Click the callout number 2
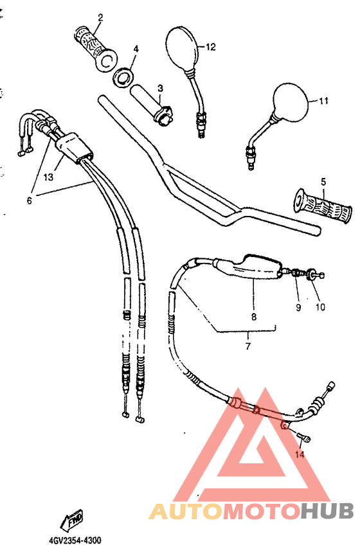click(100, 18)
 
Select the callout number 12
click(211, 46)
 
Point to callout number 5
click(323, 182)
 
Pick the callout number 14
click(298, 454)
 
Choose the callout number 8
click(253, 317)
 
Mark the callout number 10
click(319, 307)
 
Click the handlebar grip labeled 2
click(95, 46)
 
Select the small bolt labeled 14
click(304, 439)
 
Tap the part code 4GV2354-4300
click(75, 540)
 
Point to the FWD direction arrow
click(71, 519)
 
